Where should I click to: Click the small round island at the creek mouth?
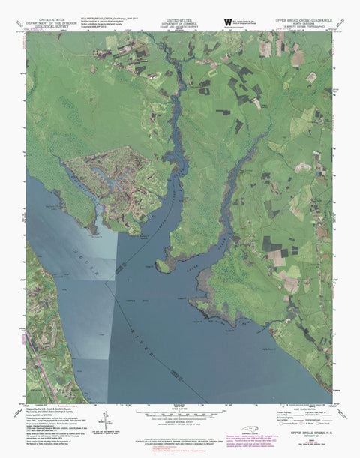coord(163,265)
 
